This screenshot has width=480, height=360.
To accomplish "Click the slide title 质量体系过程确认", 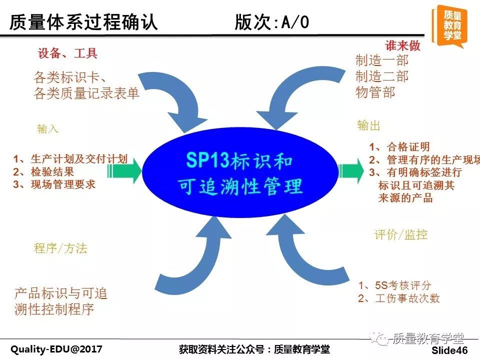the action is coord(83,22).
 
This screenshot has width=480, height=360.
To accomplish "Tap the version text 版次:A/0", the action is coord(272,22).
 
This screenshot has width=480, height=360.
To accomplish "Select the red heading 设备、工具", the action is coord(67,53).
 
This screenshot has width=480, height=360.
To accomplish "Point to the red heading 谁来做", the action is coord(402,45).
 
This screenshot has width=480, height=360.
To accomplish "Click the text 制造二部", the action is coord(381,76).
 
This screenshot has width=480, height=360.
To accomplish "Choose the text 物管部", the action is coord(375,92).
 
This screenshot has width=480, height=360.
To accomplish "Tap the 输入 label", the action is coord(47,128).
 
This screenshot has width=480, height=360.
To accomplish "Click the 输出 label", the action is coord(368,125).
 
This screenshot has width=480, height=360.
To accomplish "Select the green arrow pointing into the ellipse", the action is coord(124,169).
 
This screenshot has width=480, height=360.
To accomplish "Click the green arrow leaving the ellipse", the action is coord(351,170).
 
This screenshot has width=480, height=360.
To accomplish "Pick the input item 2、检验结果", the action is coord(43,171).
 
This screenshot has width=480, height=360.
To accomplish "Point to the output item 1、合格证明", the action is coord(399,147).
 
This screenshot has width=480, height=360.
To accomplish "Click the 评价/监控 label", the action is coord(400,235).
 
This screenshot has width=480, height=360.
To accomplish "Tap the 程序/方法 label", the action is coord(60,248).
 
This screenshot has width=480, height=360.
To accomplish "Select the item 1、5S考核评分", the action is coord(395,285).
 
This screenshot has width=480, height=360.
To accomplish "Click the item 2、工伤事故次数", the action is coord(399,298).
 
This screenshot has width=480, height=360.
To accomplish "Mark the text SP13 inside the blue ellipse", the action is coord(207,160).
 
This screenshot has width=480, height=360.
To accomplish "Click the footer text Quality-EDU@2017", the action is coord(56,349).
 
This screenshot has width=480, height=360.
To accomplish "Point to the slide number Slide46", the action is coord(449,350).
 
